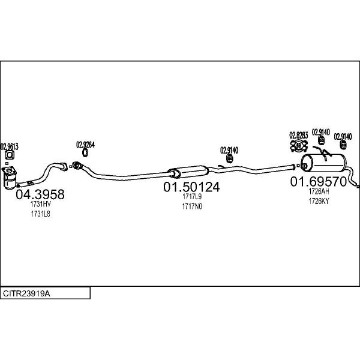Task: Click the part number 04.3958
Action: click(x=40, y=194)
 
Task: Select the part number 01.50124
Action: click(x=191, y=187)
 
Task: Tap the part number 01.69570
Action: click(x=319, y=182)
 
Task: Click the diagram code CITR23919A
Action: click(x=26, y=293)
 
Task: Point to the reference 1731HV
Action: click(x=41, y=204)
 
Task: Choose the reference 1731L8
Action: click(x=41, y=214)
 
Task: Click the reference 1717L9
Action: click(x=192, y=197)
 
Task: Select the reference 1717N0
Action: click(x=192, y=206)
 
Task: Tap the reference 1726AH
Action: click(x=319, y=191)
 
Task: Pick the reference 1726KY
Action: click(x=319, y=201)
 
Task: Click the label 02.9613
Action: click(x=10, y=146)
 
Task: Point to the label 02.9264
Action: click(x=85, y=145)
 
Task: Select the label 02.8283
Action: click(x=298, y=135)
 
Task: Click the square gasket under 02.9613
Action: click(x=10, y=155)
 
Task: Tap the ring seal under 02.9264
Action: click(x=85, y=152)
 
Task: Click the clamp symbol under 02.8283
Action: click(x=299, y=146)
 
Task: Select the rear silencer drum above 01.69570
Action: click(x=323, y=163)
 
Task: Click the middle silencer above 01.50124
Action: click(x=188, y=172)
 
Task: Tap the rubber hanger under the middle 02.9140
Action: click(x=230, y=158)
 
